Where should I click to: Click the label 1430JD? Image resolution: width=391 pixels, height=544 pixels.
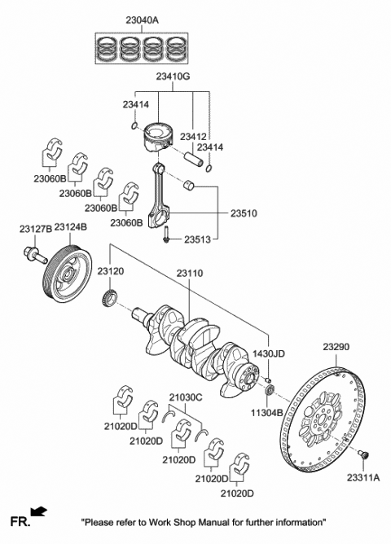pos(268,354)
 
